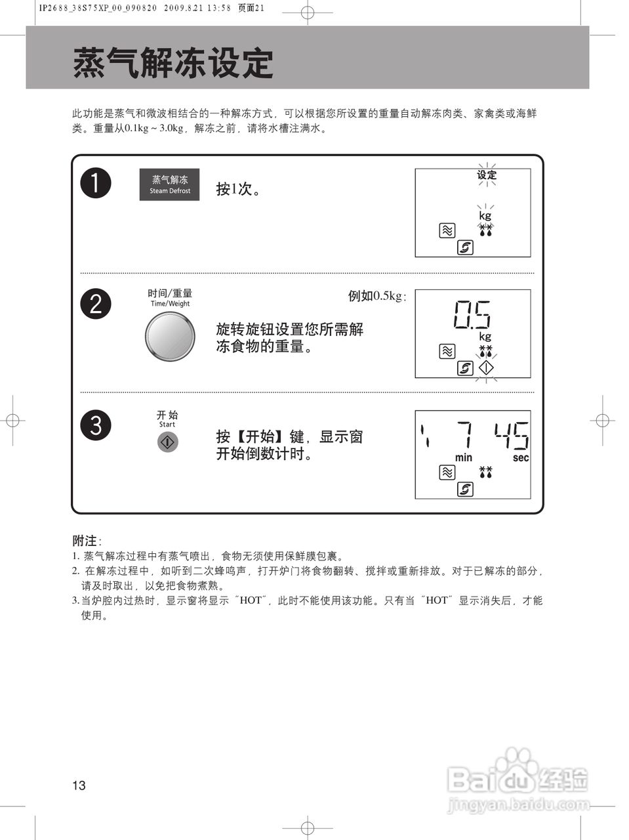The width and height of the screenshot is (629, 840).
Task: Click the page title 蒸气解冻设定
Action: click(x=172, y=64)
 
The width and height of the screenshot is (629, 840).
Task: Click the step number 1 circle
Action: click(x=96, y=182)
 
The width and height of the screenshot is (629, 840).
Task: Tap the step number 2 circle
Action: click(x=96, y=304)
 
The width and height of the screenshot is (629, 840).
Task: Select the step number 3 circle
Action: click(x=96, y=425)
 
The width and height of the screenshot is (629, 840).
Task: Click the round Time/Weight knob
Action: click(x=170, y=337)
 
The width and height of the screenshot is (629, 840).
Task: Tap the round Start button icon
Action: click(x=168, y=442)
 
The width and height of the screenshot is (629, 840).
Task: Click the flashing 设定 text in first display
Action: click(x=487, y=175)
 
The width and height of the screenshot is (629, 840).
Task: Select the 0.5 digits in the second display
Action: click(x=472, y=314)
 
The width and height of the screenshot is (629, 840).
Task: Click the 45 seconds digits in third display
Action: click(x=511, y=435)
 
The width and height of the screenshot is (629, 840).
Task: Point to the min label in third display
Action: click(x=464, y=457)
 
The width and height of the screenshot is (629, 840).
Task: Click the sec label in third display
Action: click(x=521, y=457)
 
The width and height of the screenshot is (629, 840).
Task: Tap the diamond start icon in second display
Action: click(x=486, y=368)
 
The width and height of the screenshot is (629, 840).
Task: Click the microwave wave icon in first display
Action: click(x=447, y=230)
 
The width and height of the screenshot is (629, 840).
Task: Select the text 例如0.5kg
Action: click(x=376, y=296)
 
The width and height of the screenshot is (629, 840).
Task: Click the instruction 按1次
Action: click(x=238, y=189)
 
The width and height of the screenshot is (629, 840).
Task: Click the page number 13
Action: click(x=79, y=786)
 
